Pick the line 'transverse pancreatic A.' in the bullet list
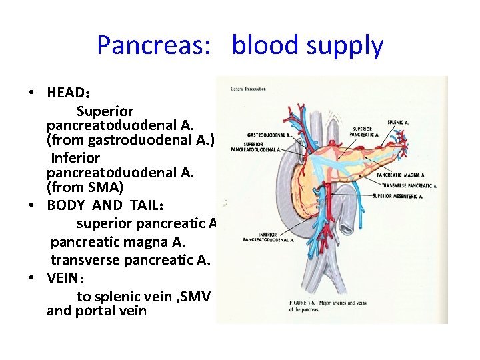[x=131, y=260]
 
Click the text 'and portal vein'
[x=97, y=311]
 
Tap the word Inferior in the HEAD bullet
[x=75, y=158]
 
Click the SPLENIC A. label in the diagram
[x=399, y=123]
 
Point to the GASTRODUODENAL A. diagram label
[x=267, y=135]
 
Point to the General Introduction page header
[x=248, y=89]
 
